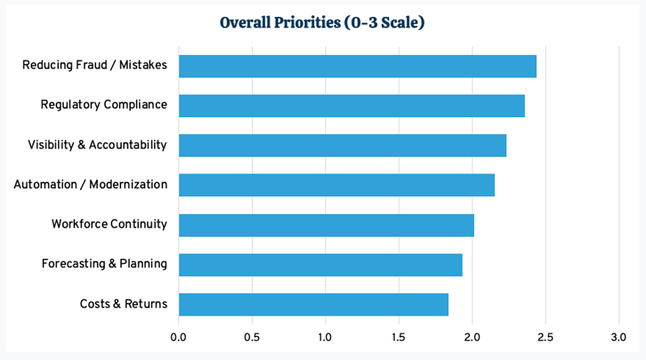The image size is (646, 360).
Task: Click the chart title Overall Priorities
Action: coord(322,23)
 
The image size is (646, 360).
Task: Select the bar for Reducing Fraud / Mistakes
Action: coord(357,65)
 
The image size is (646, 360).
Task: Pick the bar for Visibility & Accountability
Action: coord(342,145)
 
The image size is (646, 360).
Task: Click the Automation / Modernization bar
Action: coord(336,185)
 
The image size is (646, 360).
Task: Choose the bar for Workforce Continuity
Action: coord(326,224)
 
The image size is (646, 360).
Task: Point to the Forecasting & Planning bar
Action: coord(320,265)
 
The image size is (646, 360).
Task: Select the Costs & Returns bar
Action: coord(313,304)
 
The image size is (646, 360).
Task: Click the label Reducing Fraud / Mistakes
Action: coord(94,65)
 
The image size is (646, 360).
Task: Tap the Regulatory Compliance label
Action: coord(104,105)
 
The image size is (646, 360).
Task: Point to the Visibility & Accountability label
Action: coord(97,145)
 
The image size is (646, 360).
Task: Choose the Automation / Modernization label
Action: coord(90,185)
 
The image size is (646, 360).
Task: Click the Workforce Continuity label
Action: coord(109,224)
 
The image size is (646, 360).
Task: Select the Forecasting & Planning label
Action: coord(104,264)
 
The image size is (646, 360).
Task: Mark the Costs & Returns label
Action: coord(124,304)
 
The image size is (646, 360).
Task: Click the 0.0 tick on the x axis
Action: coord(178,335)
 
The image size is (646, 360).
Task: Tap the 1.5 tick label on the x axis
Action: coord(399,335)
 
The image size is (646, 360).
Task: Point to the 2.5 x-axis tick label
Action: coord(545,335)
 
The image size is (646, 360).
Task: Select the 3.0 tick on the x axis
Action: coord(619,335)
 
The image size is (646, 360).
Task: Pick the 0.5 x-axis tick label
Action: coord(252,335)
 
